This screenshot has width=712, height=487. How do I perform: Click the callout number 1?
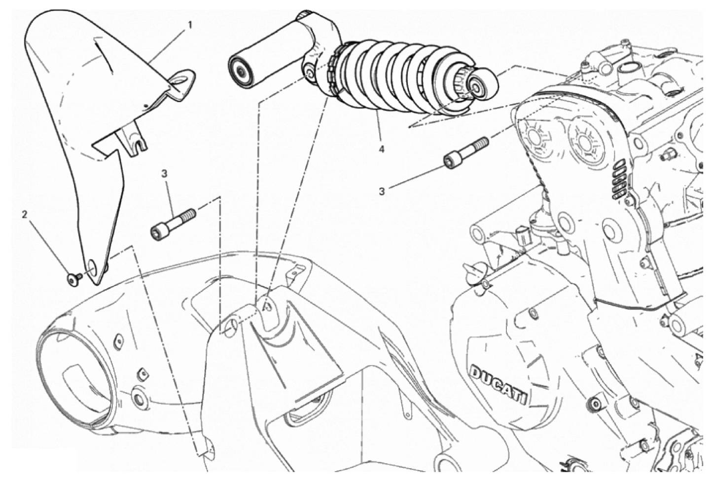click(190, 25)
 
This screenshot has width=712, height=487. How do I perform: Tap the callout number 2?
click(25, 215)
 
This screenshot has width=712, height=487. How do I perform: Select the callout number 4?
click(382, 149)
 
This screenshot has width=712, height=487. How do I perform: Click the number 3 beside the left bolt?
click(164, 174)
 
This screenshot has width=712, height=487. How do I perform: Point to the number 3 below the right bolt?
click(382, 191)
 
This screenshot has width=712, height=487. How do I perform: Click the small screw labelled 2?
click(74, 279)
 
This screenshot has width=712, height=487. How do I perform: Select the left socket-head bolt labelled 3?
click(173, 224)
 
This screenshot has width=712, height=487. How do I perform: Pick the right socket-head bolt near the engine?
click(466, 153)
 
